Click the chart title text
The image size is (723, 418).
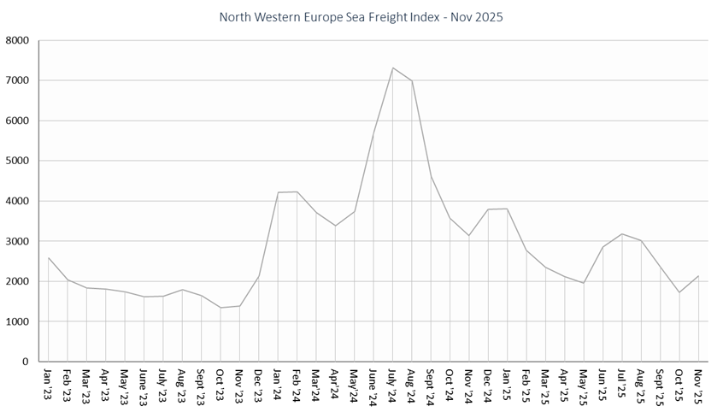coord(361,17)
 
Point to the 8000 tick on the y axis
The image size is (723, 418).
coord(17,40)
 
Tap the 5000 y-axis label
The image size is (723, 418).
coord(17,161)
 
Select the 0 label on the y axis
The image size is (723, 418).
coord(26,362)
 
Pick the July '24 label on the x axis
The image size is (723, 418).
coord(392,385)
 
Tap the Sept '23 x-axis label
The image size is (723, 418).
coord(201,386)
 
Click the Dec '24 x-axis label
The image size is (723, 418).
coord(488,384)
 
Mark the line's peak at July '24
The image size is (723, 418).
coord(392,68)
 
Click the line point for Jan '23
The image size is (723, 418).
coord(48,257)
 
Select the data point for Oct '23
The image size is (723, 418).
coord(220,308)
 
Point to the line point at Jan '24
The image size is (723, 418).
coord(278,192)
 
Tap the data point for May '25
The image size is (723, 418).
coord(584,283)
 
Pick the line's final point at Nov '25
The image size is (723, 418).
coord(699,276)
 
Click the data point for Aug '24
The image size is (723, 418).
coord(412,80)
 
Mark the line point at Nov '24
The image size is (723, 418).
coord(469,235)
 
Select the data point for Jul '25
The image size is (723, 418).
coord(622,233)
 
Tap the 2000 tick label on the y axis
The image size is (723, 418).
coord(17,281)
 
